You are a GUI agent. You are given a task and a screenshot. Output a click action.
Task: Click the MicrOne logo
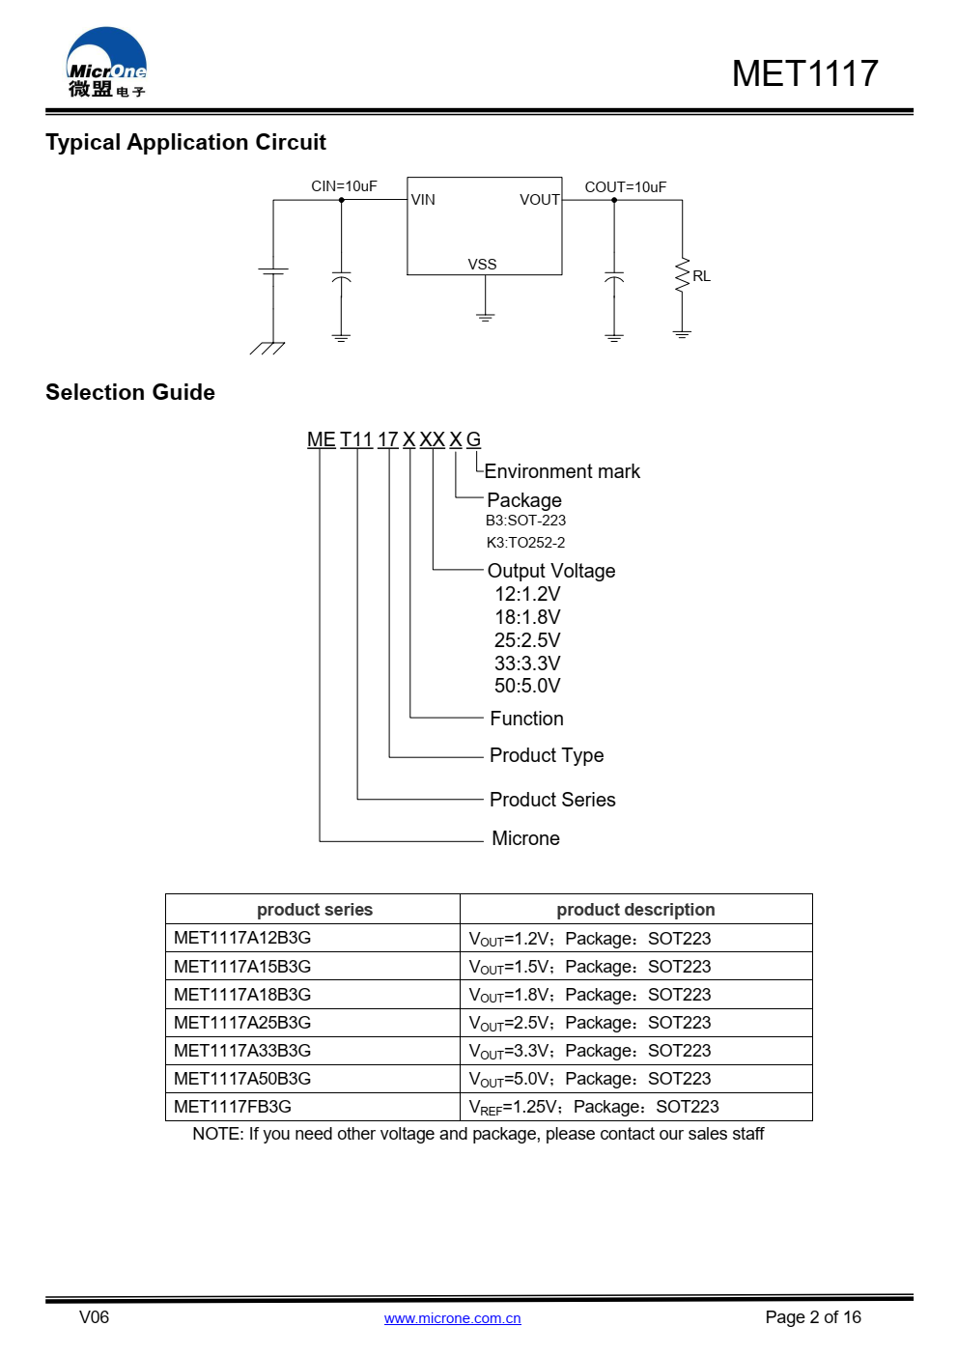(106, 63)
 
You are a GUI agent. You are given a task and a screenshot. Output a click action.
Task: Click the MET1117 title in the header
(804, 73)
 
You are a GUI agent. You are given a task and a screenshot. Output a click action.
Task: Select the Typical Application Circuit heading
(185, 142)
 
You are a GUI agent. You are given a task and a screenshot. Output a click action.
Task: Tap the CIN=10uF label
(344, 186)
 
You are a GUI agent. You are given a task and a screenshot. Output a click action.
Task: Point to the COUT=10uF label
(625, 187)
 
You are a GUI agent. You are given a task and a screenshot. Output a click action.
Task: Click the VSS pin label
(482, 265)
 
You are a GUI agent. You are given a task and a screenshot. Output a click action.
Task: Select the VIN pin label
(423, 200)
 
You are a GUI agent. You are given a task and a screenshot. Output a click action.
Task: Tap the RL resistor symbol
(682, 275)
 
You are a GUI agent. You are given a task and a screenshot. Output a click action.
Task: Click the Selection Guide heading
(130, 392)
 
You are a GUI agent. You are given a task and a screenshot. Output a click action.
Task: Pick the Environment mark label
(562, 471)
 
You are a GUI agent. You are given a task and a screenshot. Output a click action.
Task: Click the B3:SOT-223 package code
(525, 521)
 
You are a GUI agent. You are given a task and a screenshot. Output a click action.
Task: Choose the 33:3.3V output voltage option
(527, 663)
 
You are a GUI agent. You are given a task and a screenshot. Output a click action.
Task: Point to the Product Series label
(552, 800)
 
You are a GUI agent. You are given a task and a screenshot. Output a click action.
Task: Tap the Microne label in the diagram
(525, 838)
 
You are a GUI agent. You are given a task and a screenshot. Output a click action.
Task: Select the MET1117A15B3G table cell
(242, 967)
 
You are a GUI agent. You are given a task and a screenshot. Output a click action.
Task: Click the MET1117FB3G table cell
(233, 1107)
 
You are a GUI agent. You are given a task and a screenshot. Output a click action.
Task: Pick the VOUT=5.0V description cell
(590, 1079)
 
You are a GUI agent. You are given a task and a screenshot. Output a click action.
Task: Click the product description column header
(635, 910)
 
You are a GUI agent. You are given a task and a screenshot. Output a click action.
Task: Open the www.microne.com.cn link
(452, 1318)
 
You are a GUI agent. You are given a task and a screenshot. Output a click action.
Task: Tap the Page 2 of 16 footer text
(812, 1317)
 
